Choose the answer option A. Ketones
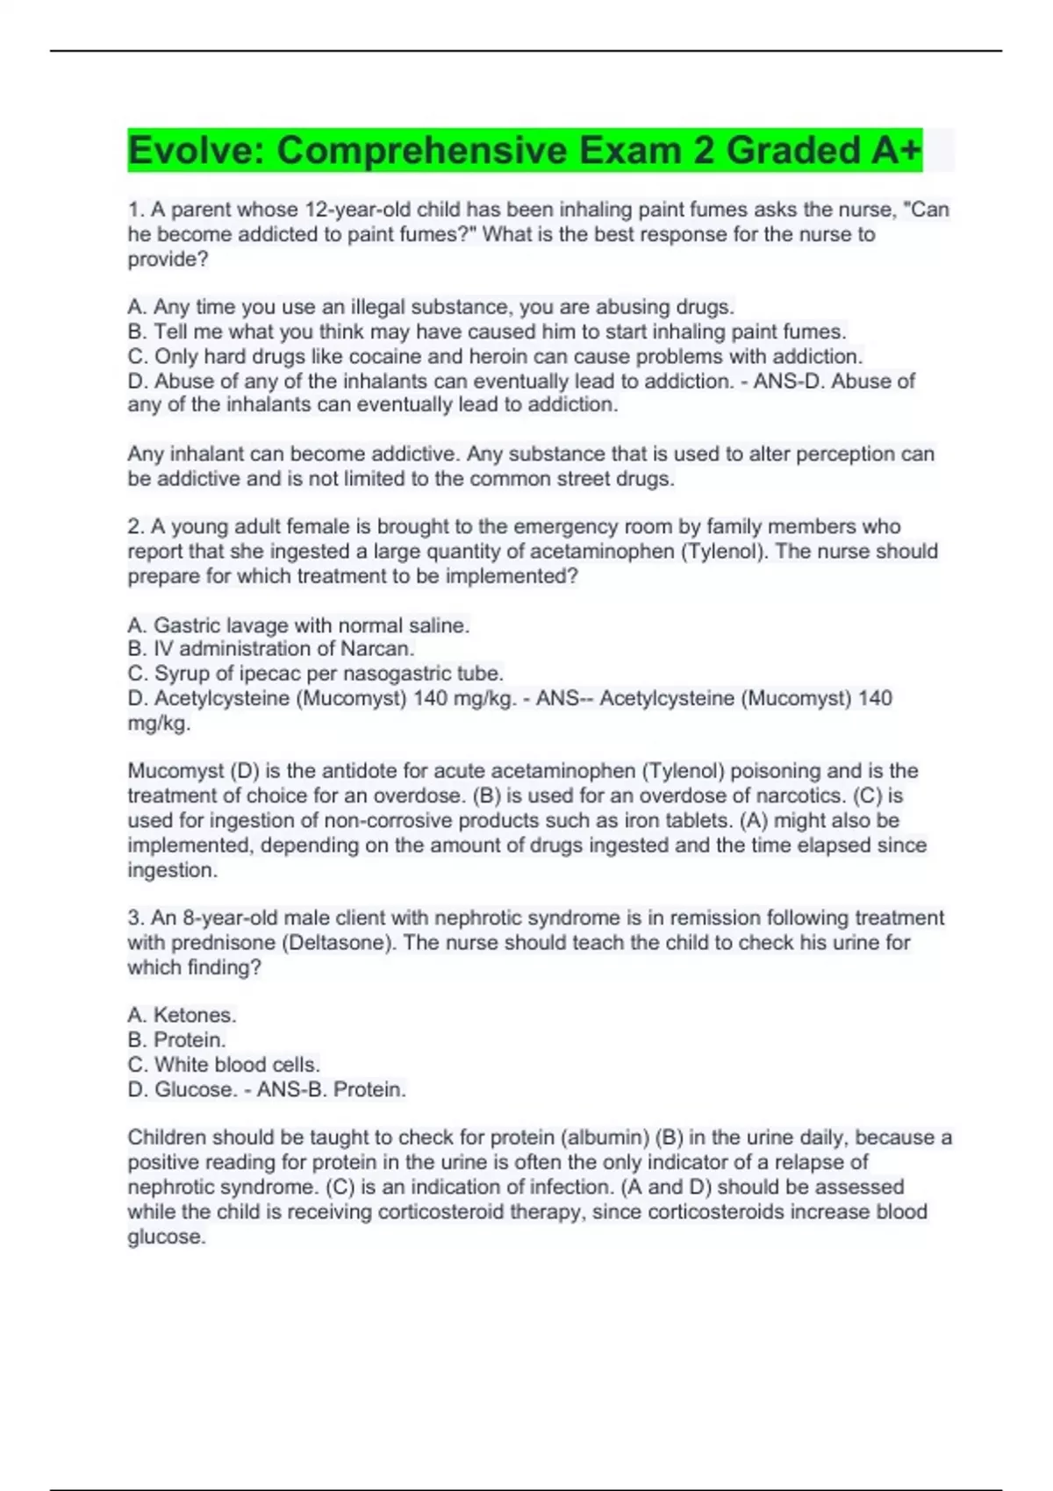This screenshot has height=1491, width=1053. pos(183,1016)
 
